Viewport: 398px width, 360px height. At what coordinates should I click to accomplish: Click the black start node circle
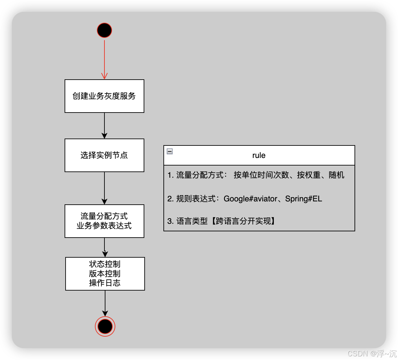click(104, 31)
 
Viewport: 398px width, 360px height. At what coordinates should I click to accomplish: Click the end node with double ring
click(105, 326)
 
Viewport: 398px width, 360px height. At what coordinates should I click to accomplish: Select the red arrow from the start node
click(104, 59)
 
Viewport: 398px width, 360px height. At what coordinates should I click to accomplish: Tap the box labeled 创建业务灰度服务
click(104, 96)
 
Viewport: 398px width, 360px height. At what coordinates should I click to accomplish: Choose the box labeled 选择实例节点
click(104, 155)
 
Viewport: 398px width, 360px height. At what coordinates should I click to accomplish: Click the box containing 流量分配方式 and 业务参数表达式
click(104, 221)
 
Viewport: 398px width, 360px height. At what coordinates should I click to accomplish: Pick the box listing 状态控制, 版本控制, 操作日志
click(105, 274)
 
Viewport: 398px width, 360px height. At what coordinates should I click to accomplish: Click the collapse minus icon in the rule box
click(170, 151)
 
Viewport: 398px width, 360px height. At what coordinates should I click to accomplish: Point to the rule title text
click(259, 155)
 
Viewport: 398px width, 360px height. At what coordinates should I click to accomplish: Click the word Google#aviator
click(250, 199)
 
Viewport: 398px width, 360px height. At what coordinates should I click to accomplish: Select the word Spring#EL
click(303, 199)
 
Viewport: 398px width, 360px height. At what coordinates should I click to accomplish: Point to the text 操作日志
click(105, 283)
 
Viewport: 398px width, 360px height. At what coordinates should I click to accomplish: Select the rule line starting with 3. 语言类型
click(221, 221)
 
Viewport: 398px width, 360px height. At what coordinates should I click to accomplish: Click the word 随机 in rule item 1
click(336, 175)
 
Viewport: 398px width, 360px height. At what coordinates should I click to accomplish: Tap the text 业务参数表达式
click(104, 226)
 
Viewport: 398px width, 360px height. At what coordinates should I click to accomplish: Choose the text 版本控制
click(105, 273)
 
